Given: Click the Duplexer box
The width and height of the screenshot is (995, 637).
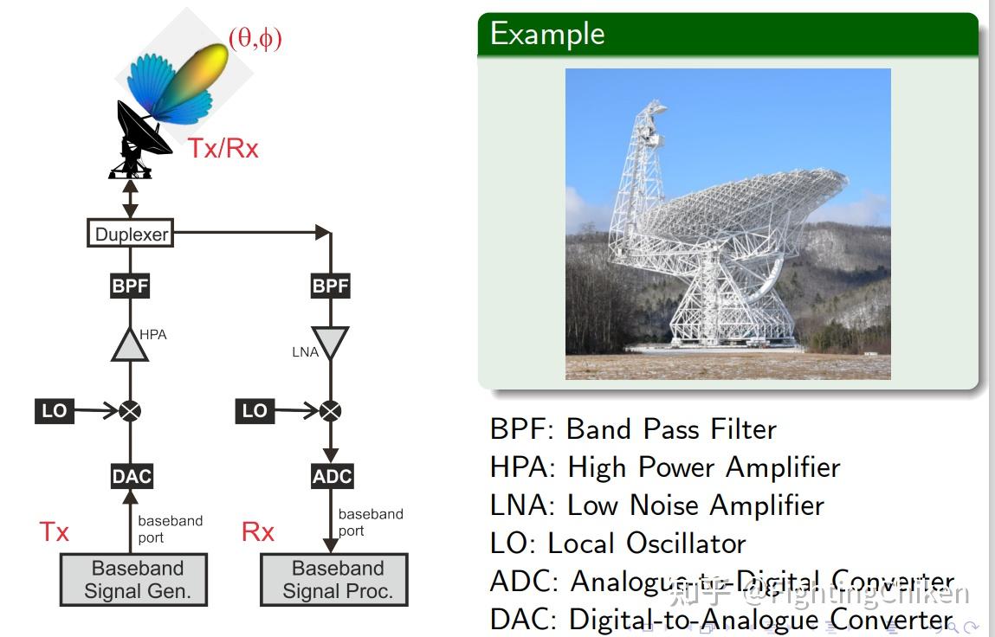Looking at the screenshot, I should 130,234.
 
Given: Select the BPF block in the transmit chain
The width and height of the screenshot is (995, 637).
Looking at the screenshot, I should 130,286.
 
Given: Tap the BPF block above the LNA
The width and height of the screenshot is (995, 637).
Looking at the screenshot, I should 330,286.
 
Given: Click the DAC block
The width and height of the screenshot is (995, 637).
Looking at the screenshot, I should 132,476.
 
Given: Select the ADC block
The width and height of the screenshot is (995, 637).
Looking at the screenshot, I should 332,476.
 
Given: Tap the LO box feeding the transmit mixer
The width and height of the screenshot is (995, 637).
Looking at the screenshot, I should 54,410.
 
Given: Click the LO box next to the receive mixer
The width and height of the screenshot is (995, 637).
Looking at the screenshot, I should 255,410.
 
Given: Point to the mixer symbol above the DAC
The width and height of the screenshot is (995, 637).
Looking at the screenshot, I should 130,411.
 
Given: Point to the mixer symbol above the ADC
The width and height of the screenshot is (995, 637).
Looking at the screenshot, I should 330,411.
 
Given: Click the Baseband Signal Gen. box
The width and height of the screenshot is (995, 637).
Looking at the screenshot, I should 133,580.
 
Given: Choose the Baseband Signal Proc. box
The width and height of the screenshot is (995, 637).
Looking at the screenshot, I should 334,580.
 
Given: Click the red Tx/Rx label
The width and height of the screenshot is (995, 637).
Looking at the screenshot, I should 223,148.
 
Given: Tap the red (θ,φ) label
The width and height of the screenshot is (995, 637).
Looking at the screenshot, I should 255,38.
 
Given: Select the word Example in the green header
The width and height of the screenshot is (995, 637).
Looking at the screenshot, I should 547,34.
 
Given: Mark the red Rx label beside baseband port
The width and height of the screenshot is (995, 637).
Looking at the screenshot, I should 258,531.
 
